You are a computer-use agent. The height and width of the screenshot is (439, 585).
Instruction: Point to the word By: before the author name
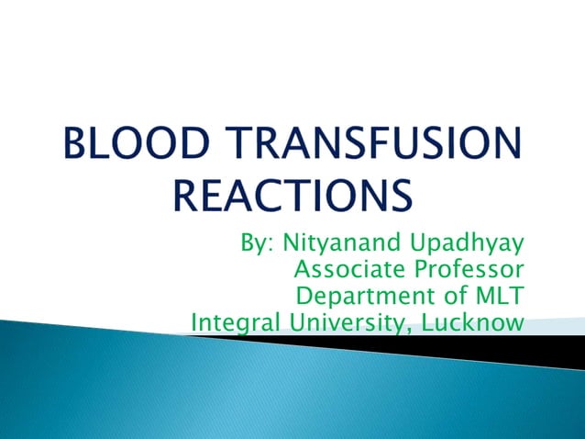point(258,244)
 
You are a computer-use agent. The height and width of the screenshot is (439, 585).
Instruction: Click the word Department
point(359,298)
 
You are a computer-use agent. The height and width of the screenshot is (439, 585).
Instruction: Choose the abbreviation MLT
point(495,296)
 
